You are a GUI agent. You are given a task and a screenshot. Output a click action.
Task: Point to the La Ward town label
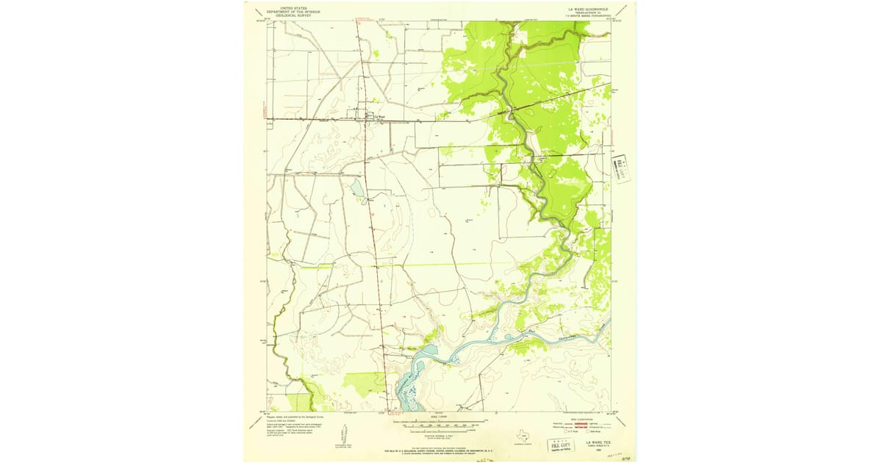click(x=380, y=115)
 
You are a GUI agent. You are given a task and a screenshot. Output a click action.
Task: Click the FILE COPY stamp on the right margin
click(x=623, y=168)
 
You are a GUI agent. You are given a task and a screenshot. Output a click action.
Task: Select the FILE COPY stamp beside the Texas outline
click(x=559, y=444)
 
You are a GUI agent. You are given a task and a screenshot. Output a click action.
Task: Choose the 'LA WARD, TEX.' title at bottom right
click(x=598, y=442)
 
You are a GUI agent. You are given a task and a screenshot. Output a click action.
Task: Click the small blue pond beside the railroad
click(x=357, y=190)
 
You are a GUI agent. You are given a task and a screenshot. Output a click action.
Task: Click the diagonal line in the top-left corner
click(x=254, y=12)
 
